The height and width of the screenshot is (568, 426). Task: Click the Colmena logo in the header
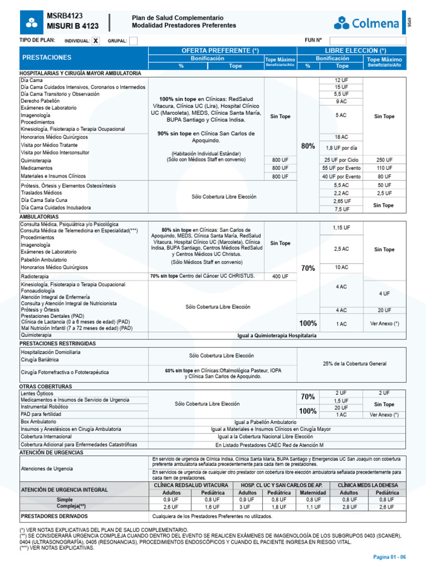[367, 23]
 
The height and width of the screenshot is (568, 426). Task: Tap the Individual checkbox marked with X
[96, 40]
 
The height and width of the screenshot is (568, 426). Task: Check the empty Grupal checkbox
[133, 40]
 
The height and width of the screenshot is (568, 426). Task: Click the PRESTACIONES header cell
[47, 58]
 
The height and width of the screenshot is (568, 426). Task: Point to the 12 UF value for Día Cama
[342, 80]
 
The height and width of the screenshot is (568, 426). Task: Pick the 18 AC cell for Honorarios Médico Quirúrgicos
[342, 137]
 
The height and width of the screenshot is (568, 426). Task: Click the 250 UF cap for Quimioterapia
[384, 160]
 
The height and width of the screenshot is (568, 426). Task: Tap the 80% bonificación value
[308, 146]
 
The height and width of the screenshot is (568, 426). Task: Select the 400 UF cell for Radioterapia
[280, 276]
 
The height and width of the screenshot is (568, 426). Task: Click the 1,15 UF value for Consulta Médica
[342, 228]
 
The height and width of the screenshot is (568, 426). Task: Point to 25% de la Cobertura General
[362, 363]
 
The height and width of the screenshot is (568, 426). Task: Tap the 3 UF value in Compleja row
[247, 507]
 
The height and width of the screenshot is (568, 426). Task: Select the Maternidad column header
[313, 492]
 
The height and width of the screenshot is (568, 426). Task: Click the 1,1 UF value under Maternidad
[313, 507]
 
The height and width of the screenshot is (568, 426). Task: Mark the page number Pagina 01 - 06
[389, 557]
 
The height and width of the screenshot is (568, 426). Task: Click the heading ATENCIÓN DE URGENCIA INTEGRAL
[64, 489]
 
